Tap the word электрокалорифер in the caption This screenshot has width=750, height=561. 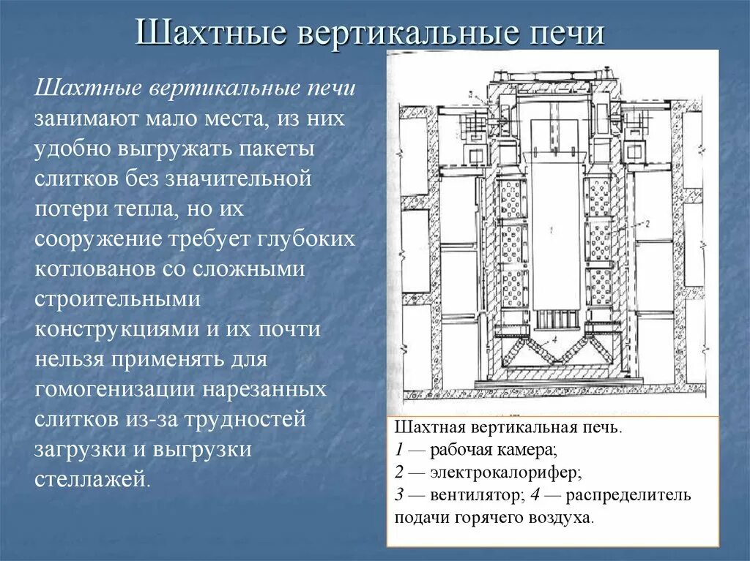pos(505,472)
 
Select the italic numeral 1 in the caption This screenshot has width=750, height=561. pos(398,449)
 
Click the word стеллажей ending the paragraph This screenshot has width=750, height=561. pos(92,479)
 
